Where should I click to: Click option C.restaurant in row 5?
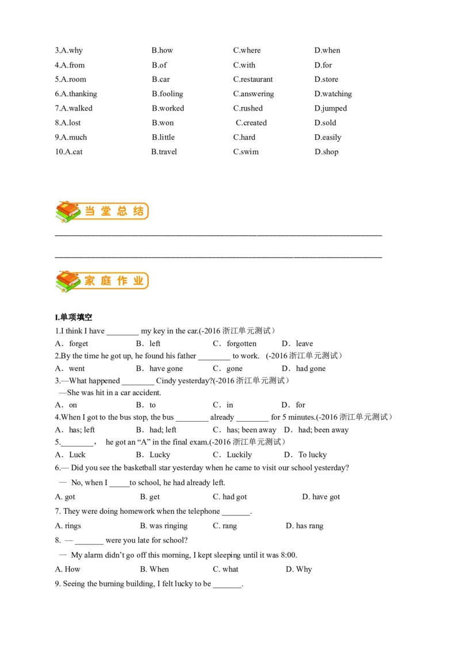(253, 79)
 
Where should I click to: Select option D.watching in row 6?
(333, 93)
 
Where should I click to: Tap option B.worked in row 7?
(168, 108)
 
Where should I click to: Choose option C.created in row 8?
(251, 123)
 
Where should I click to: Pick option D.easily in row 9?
(328, 137)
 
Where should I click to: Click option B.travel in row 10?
(164, 152)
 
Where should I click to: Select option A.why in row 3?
(69, 50)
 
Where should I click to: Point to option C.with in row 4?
(244, 65)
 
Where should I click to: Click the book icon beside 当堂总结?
(68, 211)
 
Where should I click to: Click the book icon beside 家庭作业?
(68, 282)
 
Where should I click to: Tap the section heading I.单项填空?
(74, 317)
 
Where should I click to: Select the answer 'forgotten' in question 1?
(241, 343)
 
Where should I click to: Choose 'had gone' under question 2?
(310, 369)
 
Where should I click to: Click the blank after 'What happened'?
(138, 384)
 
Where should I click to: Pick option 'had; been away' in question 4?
(323, 430)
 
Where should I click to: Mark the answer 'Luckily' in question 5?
(239, 454)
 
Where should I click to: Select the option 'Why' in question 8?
(304, 569)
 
